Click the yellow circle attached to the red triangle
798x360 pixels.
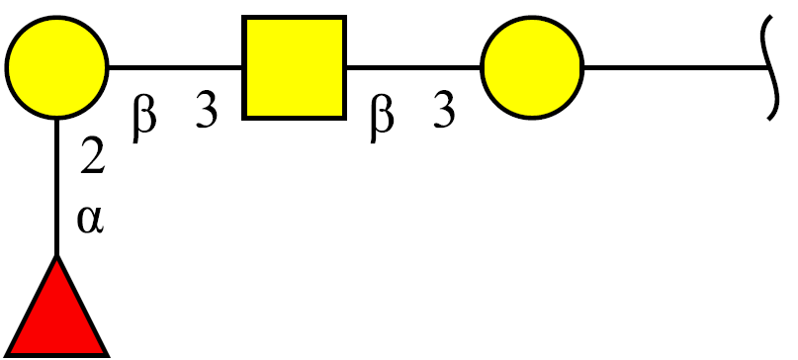point(57,67)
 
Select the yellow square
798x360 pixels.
point(295,67)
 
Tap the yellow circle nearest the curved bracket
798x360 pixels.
point(532,67)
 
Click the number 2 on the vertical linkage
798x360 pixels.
point(93,156)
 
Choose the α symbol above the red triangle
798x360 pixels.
point(91,220)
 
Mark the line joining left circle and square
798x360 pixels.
point(176,67)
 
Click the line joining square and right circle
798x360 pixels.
point(413,67)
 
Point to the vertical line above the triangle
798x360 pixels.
point(57,187)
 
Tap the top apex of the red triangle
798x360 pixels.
point(57,255)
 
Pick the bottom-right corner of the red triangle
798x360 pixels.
point(109,355)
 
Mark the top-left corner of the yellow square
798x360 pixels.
point(243,17)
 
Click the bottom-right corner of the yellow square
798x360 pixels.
point(346,119)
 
